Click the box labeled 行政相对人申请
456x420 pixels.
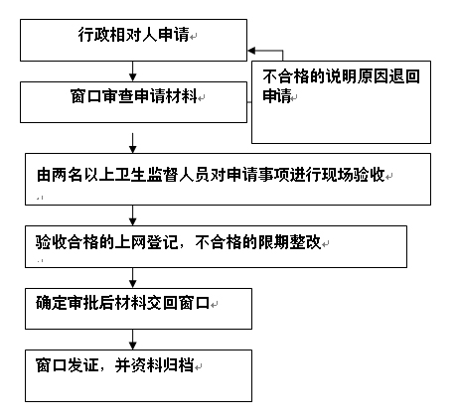coord(133,40)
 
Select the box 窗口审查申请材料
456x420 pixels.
coord(133,102)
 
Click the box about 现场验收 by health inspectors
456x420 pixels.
coord(228,179)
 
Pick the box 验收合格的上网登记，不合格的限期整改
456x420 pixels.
coord(216,246)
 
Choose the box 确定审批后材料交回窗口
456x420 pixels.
coord(138,309)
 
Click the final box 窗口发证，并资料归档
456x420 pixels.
coord(138,375)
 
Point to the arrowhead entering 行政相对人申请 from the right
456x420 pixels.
coord(251,51)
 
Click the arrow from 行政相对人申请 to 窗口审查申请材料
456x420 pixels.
coord(132,71)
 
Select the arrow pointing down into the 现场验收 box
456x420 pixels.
coord(132,143)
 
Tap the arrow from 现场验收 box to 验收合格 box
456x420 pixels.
coord(132,215)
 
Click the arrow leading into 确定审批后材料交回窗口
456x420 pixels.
coord(132,278)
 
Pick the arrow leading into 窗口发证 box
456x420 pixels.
coord(132,340)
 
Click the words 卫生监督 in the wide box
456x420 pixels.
coord(146,175)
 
